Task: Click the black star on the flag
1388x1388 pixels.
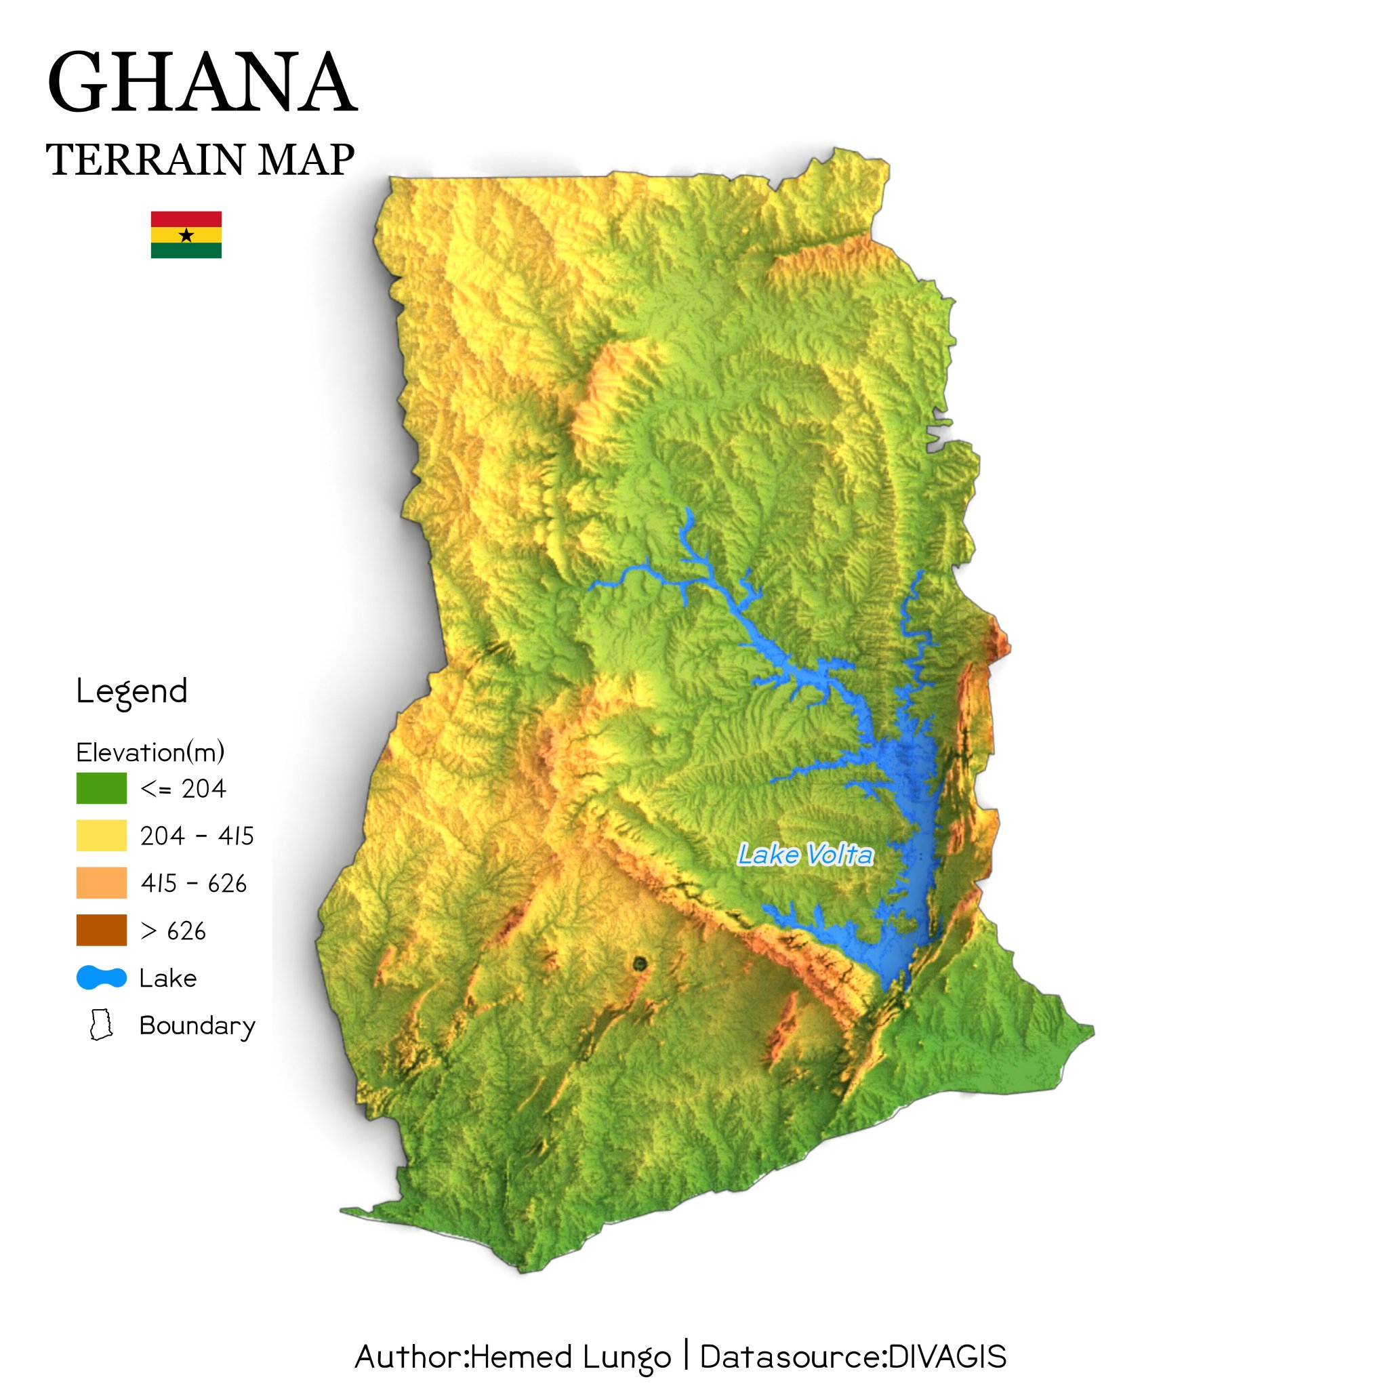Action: (x=186, y=235)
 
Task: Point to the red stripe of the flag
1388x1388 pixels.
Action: (x=186, y=218)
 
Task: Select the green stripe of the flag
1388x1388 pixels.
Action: (x=186, y=251)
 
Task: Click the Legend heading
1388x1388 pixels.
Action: (x=131, y=692)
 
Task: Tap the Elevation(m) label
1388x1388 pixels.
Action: (x=150, y=752)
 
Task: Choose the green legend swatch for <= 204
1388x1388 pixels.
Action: (x=101, y=788)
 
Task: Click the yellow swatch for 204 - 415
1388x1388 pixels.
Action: (x=101, y=836)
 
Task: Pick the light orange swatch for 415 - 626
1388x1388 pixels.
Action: (x=101, y=883)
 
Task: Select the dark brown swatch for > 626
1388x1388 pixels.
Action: (x=101, y=931)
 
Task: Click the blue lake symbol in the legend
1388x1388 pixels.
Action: (x=101, y=978)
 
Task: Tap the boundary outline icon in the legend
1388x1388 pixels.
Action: (x=101, y=1025)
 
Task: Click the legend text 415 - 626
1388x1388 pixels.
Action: (x=193, y=884)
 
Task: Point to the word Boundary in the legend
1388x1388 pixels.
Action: (x=197, y=1026)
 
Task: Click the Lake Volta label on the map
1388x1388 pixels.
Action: (x=805, y=855)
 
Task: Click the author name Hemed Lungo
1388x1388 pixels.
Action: (x=571, y=1357)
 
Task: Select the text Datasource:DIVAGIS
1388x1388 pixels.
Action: (x=853, y=1357)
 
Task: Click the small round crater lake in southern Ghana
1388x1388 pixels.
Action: (x=639, y=964)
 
